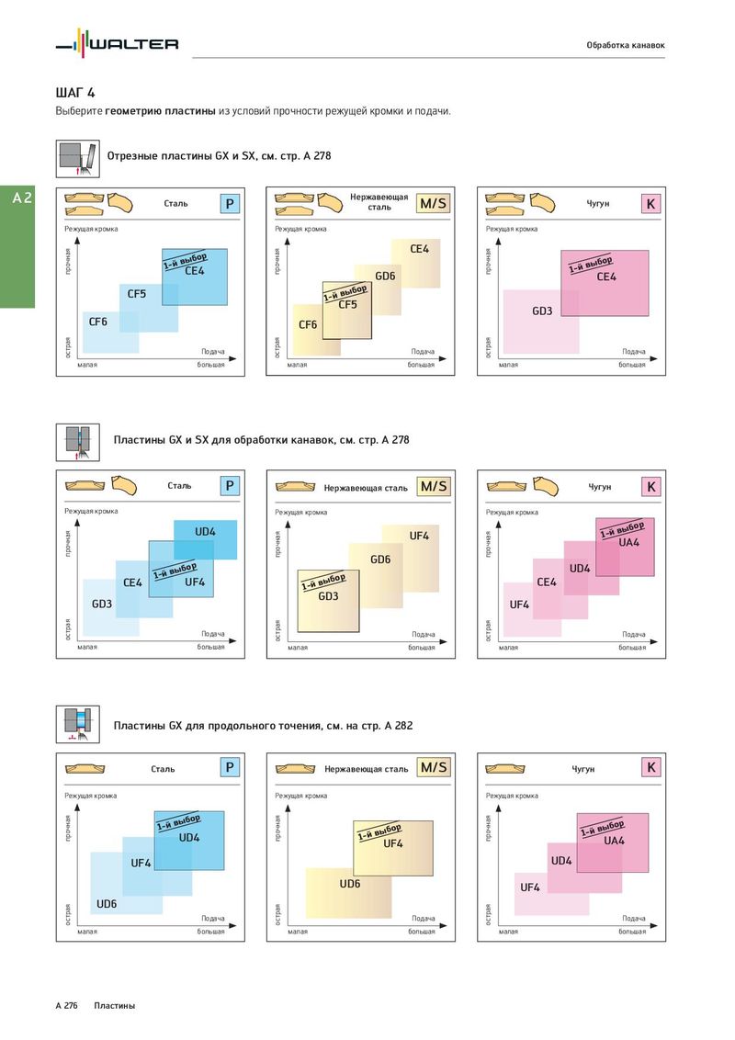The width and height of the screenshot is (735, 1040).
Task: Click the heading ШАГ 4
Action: tap(75, 93)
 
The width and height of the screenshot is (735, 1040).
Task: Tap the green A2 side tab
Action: tap(17, 198)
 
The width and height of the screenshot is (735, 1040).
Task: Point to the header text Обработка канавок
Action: tap(625, 45)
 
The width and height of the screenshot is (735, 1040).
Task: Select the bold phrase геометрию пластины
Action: tap(161, 111)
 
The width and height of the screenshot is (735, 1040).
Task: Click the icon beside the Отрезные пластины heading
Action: tap(77, 157)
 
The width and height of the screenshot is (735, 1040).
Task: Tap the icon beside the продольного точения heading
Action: tap(77, 724)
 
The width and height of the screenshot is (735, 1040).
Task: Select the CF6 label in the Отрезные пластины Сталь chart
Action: tap(97, 322)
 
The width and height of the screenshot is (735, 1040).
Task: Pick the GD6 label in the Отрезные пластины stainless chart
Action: tap(385, 277)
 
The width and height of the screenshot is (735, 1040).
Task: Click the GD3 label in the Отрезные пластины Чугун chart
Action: tap(542, 311)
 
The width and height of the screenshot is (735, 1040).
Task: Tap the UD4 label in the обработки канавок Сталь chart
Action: tap(205, 532)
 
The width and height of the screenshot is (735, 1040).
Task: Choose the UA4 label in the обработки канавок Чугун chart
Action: tap(629, 542)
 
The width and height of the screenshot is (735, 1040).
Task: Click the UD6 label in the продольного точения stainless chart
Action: tap(349, 884)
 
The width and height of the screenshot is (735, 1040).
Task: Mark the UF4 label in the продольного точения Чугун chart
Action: tap(530, 887)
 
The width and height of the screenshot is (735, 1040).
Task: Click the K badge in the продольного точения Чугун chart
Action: tap(650, 767)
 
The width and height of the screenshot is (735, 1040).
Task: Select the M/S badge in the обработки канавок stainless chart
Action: tap(434, 486)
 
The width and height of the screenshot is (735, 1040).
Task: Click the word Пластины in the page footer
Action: tap(114, 1006)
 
